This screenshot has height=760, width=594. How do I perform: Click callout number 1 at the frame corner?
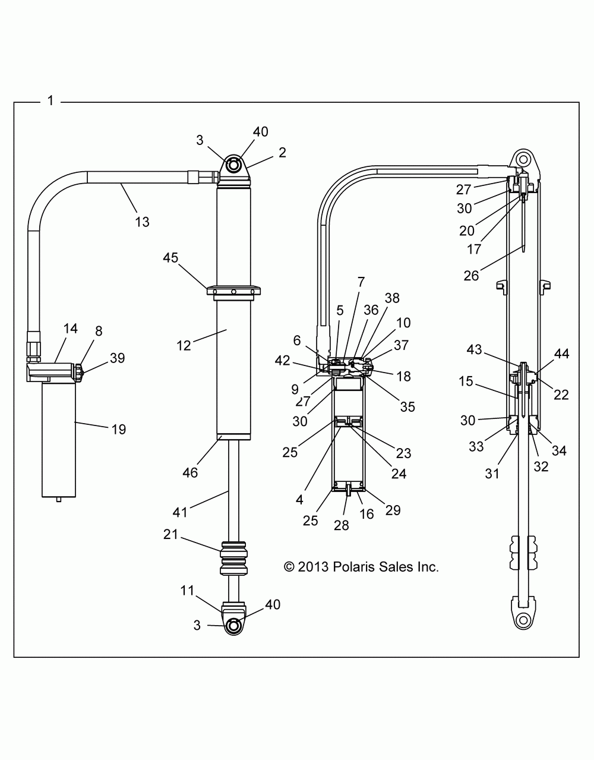coord(50,101)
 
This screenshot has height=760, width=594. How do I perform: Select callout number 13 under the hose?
coord(142,222)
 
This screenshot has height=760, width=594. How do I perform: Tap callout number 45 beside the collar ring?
coord(171,258)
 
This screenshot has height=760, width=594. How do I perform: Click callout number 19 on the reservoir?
coord(119,429)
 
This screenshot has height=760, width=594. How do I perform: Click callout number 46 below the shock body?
coord(190,473)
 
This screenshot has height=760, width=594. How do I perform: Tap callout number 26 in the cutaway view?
coord(470,275)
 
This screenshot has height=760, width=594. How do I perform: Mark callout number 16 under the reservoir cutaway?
coord(367,513)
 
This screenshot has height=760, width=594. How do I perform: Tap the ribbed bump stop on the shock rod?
coord(234,558)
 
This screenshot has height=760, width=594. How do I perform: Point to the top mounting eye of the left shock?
coord(235,165)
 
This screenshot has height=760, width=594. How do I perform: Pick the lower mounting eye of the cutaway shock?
coord(523,620)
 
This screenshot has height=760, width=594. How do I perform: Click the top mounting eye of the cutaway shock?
coord(522,160)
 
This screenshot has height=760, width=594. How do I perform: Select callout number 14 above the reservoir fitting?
coord(71,329)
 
